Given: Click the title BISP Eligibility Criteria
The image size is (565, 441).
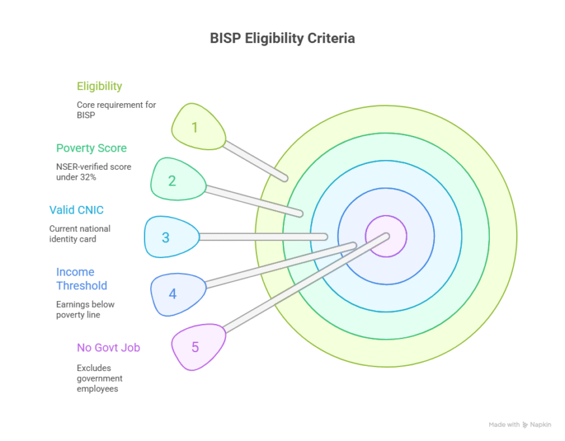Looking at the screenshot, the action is click(282, 38).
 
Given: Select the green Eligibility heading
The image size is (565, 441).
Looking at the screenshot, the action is click(99, 86).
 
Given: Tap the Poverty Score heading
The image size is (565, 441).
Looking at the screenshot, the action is click(91, 148).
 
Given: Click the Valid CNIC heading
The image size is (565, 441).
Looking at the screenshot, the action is click(76, 210).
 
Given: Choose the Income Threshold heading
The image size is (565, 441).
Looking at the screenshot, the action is click(82, 278).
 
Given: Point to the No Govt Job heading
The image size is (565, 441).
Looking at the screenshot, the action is click(108, 348).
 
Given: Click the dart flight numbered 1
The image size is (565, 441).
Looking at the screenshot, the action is click(198, 127).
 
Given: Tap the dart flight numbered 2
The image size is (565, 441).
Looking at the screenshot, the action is click(178, 179).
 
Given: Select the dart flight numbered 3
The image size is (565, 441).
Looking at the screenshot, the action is click(172, 237).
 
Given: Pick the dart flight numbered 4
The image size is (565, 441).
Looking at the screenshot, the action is click(178, 295).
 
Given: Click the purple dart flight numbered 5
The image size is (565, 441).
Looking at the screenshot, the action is click(198, 347).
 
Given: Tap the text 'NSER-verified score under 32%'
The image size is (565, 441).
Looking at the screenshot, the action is click(93, 172).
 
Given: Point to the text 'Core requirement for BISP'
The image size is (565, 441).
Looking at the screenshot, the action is click(116, 110).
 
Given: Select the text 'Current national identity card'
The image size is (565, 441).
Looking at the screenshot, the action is click(80, 234).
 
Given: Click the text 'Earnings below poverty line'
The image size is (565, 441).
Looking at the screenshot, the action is click(85, 310).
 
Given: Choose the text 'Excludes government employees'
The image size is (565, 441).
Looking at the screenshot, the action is click(99, 378).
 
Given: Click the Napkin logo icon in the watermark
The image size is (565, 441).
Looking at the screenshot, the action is click(525, 425).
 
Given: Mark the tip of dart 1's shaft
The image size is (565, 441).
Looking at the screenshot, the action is click(285, 178).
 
